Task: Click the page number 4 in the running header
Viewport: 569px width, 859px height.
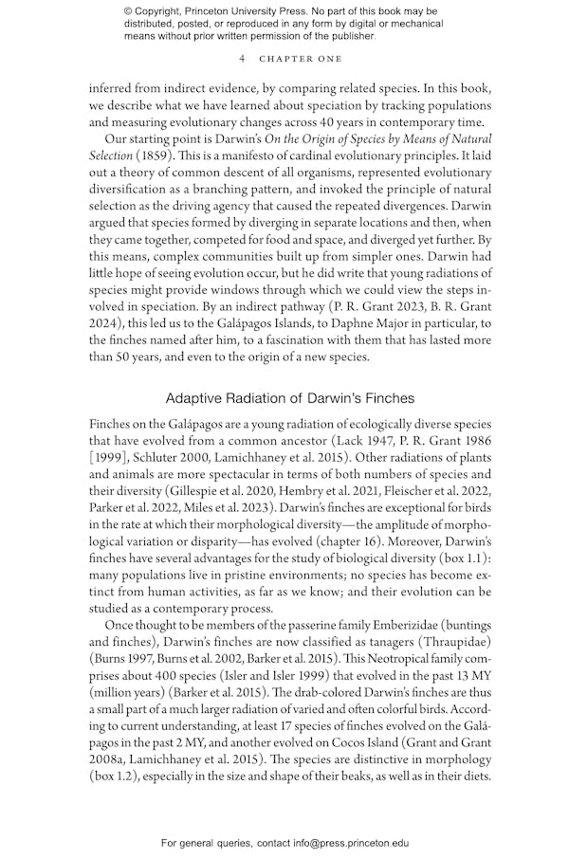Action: pos(243,58)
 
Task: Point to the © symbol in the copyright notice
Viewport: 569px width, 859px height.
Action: pos(129,10)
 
